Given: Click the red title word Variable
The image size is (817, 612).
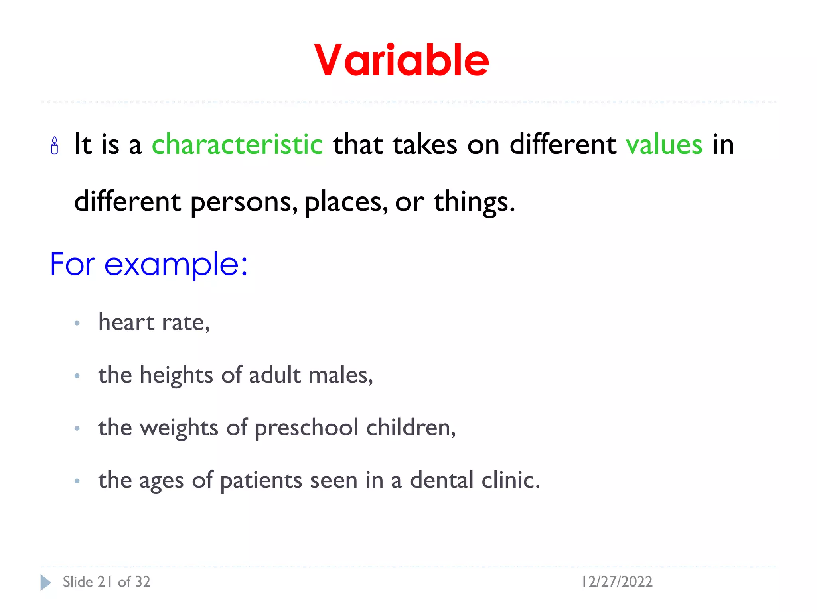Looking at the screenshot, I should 401,61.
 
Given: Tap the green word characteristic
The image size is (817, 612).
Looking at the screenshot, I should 237,144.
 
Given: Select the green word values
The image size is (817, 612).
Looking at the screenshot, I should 664,144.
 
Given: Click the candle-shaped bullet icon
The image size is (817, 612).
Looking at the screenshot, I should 55,146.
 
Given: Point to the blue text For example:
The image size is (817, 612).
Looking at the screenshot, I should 148,264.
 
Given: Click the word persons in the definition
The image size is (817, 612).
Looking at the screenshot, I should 244,202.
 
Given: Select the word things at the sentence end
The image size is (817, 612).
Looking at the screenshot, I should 474,202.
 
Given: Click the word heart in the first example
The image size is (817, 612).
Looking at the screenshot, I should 126,322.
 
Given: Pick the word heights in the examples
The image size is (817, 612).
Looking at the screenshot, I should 176,375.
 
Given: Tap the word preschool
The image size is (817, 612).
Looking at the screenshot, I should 306,428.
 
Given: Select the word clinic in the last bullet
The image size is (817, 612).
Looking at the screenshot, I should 510,480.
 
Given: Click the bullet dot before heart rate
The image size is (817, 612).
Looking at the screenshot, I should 77,323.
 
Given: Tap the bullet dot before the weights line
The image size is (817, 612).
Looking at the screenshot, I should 77,429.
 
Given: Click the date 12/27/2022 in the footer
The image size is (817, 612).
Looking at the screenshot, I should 617,582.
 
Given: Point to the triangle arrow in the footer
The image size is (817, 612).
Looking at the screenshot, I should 45,583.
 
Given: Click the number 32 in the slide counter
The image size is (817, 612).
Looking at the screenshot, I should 142,582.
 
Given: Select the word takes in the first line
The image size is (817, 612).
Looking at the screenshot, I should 425,144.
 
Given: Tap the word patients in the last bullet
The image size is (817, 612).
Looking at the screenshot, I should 261,481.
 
